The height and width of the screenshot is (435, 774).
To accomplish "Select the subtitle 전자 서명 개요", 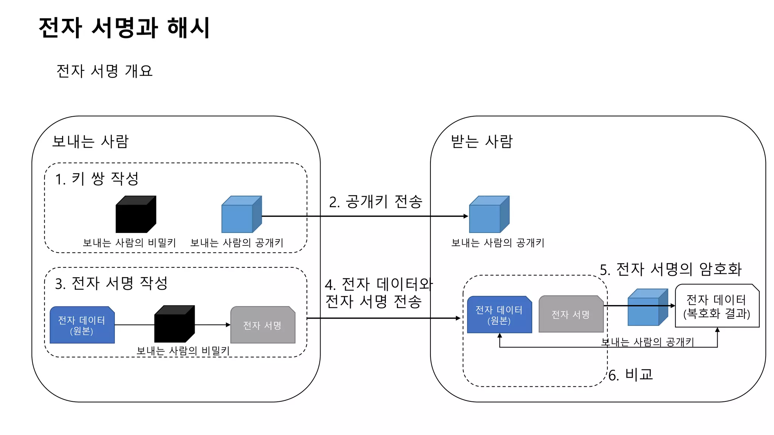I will point(104,71).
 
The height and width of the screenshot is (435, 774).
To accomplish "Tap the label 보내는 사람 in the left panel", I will point(90,142).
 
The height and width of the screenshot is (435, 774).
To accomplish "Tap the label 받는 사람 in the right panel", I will point(481,142).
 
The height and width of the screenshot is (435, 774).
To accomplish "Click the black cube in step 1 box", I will point(135,215).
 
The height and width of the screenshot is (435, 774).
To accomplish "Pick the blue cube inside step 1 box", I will point(241,215).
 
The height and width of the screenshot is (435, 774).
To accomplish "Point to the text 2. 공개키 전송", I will point(375,202).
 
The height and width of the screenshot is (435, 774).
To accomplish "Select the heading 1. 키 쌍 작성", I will point(97,179).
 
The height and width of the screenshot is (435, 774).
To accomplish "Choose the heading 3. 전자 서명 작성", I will point(111,283).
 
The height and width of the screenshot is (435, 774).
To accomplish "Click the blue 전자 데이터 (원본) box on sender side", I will point(82,325).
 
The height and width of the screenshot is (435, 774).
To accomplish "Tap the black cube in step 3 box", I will point(174,324).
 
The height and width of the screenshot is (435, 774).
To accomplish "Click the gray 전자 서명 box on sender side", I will point(263,325).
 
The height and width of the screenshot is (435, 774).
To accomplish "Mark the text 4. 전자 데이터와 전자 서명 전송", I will point(378,293).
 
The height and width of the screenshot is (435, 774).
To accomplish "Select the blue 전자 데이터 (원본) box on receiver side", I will point(499,315).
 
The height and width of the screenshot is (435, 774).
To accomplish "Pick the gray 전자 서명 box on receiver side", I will point(570,314).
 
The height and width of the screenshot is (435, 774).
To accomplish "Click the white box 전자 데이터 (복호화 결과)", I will point(717,306).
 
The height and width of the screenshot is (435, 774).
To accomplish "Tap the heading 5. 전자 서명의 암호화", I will point(671,269).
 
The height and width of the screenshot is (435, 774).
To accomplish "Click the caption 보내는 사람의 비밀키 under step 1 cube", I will point(129,243).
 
